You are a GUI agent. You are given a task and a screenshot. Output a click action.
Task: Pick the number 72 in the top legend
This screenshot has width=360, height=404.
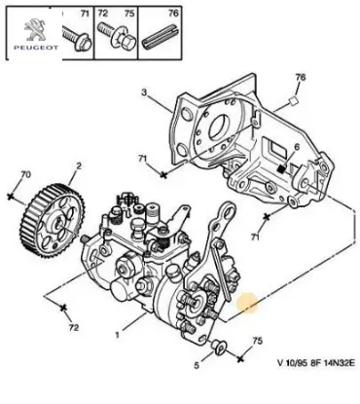point(105,15)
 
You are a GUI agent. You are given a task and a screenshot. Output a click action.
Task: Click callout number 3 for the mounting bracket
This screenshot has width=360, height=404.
point(144,93)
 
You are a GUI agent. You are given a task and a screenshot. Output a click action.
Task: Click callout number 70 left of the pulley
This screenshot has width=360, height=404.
point(13,174)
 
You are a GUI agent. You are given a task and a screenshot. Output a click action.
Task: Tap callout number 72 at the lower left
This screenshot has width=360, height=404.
point(72,330)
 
